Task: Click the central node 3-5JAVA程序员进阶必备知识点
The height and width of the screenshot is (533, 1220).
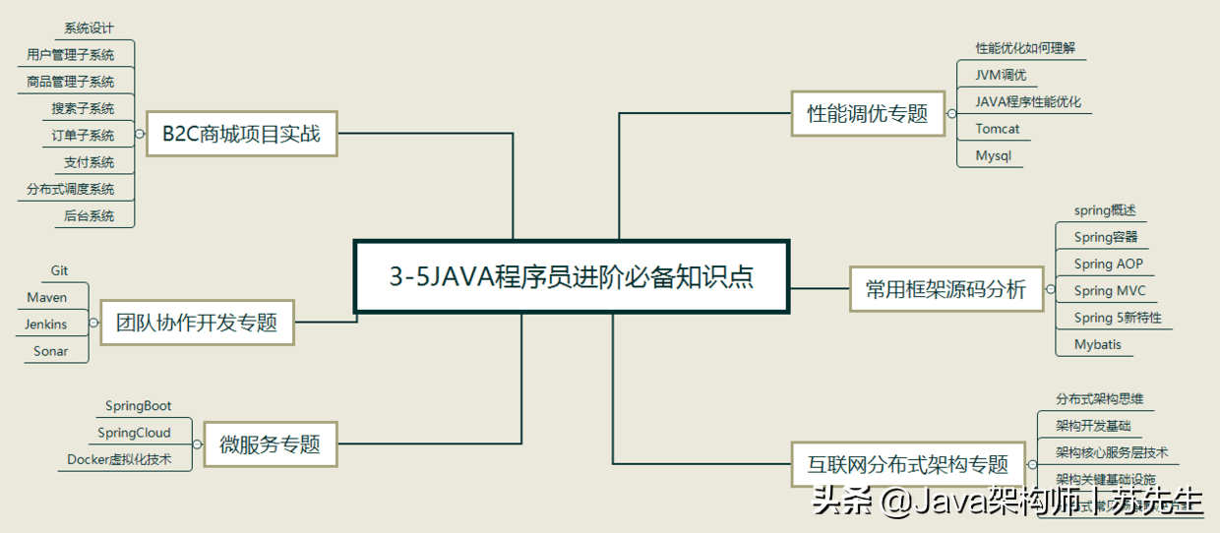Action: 572,276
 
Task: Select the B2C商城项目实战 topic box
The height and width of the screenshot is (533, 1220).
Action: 241,133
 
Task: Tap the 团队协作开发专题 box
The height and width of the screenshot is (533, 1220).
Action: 197,322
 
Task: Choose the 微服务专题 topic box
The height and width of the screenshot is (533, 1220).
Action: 270,444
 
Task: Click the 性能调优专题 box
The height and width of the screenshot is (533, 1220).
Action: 861,113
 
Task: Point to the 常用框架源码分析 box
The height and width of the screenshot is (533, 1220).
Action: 945,288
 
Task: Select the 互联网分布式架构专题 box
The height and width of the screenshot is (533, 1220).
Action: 908,464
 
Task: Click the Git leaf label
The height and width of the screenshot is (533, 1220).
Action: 59,271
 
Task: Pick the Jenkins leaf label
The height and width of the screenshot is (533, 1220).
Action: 46,325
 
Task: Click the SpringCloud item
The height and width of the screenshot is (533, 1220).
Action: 134,433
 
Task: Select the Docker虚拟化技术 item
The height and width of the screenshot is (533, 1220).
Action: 119,459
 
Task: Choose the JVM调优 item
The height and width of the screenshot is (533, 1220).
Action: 1001,75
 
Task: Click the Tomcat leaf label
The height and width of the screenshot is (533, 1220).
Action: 998,129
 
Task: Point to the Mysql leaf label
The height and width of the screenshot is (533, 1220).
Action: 993,155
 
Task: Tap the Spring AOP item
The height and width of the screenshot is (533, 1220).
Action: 1108,264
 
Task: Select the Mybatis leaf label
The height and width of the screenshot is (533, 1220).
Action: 1097,345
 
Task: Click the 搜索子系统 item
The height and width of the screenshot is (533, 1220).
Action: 83,108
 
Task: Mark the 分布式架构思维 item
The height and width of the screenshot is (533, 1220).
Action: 1099,399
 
